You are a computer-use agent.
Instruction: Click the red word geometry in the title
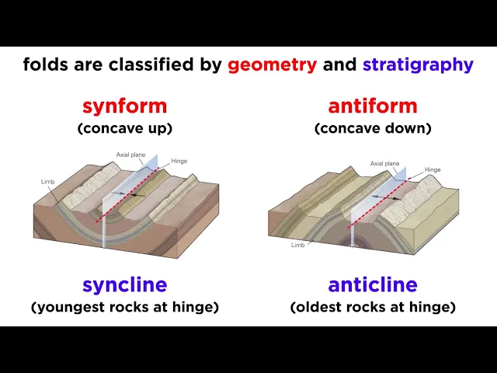(x=272, y=65)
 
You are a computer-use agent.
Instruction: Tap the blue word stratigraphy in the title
(x=418, y=65)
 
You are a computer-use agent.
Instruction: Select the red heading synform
(x=124, y=106)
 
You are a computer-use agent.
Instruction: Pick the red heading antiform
(x=373, y=106)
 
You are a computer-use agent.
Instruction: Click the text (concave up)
(x=125, y=128)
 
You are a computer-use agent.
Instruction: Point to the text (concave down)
(x=373, y=128)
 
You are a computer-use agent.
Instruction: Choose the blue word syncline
(x=124, y=285)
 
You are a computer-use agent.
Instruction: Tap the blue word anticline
(x=373, y=284)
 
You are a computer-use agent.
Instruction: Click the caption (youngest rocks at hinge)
(x=125, y=307)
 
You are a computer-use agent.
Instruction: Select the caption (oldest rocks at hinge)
(x=373, y=307)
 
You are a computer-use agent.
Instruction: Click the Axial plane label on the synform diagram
(x=130, y=155)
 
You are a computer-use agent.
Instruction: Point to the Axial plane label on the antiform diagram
(x=385, y=164)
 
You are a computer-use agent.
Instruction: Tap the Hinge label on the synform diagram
(x=179, y=161)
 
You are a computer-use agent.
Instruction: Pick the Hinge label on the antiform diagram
(x=433, y=169)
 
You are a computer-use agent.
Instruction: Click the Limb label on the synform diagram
(x=48, y=182)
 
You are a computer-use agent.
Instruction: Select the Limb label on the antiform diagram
(x=298, y=245)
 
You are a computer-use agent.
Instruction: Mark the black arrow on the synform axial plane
(x=137, y=195)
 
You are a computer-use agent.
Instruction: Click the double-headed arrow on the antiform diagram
(x=386, y=197)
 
